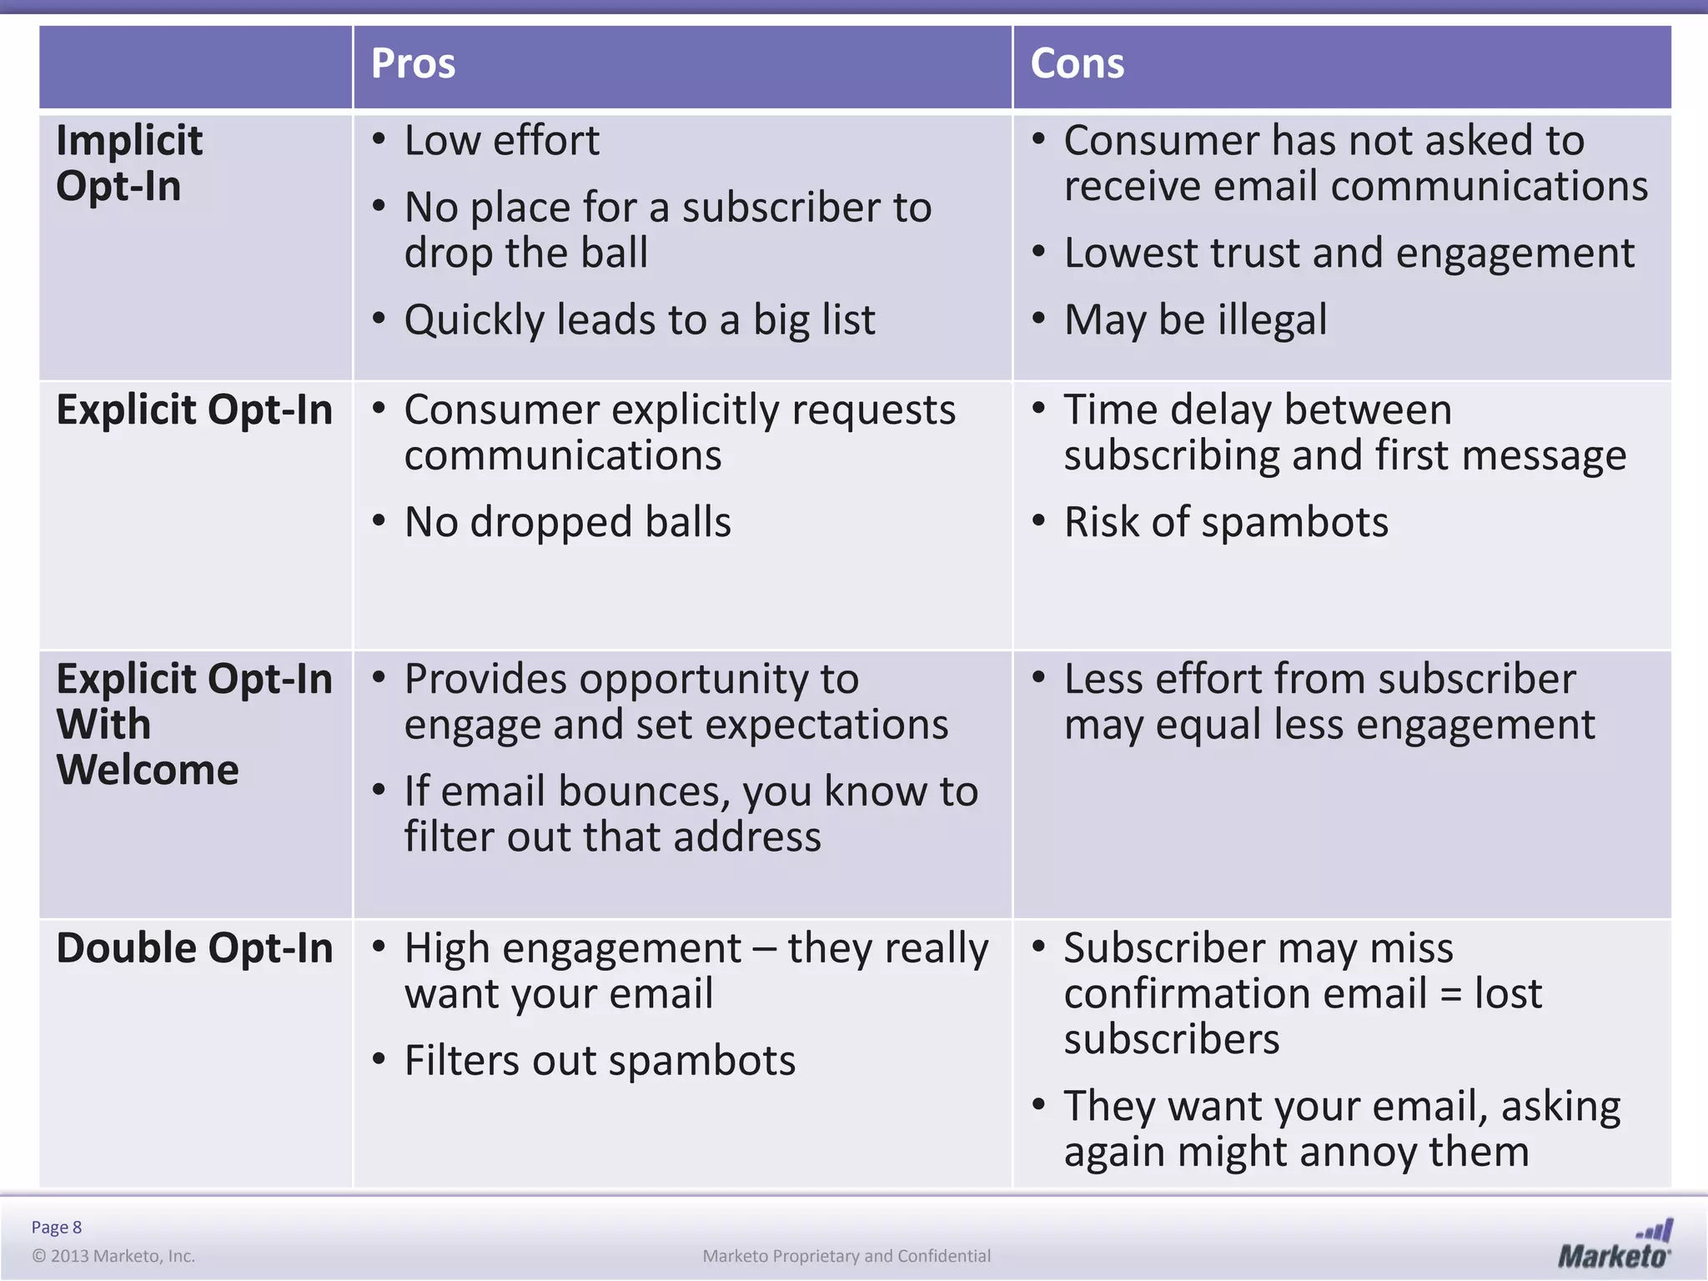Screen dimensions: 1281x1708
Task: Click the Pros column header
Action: pyautogui.click(x=413, y=64)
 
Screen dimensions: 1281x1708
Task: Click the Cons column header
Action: pyautogui.click(x=1077, y=64)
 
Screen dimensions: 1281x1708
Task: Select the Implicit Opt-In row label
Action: pyautogui.click(x=129, y=163)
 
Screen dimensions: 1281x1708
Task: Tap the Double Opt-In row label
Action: pyautogui.click(x=194, y=948)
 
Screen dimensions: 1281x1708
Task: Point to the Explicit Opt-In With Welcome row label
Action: pyautogui.click(x=194, y=724)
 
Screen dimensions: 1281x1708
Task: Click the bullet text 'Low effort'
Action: pyautogui.click(x=501, y=140)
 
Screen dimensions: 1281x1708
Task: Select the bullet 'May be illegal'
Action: pyautogui.click(x=1194, y=320)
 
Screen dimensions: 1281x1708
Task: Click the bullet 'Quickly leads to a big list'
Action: pyautogui.click(x=640, y=320)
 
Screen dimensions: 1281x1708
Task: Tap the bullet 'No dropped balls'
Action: pyautogui.click(x=567, y=522)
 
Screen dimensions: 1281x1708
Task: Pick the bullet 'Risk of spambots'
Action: pyautogui.click(x=1226, y=522)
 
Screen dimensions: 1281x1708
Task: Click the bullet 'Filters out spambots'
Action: pyautogui.click(x=600, y=1061)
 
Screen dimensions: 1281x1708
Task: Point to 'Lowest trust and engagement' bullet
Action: pyautogui.click(x=1349, y=253)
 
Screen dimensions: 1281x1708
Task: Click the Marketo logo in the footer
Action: pyautogui.click(x=1615, y=1244)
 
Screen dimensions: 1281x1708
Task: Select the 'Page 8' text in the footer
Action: pyautogui.click(x=57, y=1227)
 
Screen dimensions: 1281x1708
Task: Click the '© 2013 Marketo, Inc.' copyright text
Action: pyautogui.click(x=113, y=1256)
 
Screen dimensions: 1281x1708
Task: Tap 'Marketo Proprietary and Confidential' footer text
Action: pyautogui.click(x=846, y=1256)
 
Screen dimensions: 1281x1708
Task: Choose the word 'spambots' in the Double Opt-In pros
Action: pyautogui.click(x=701, y=1061)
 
